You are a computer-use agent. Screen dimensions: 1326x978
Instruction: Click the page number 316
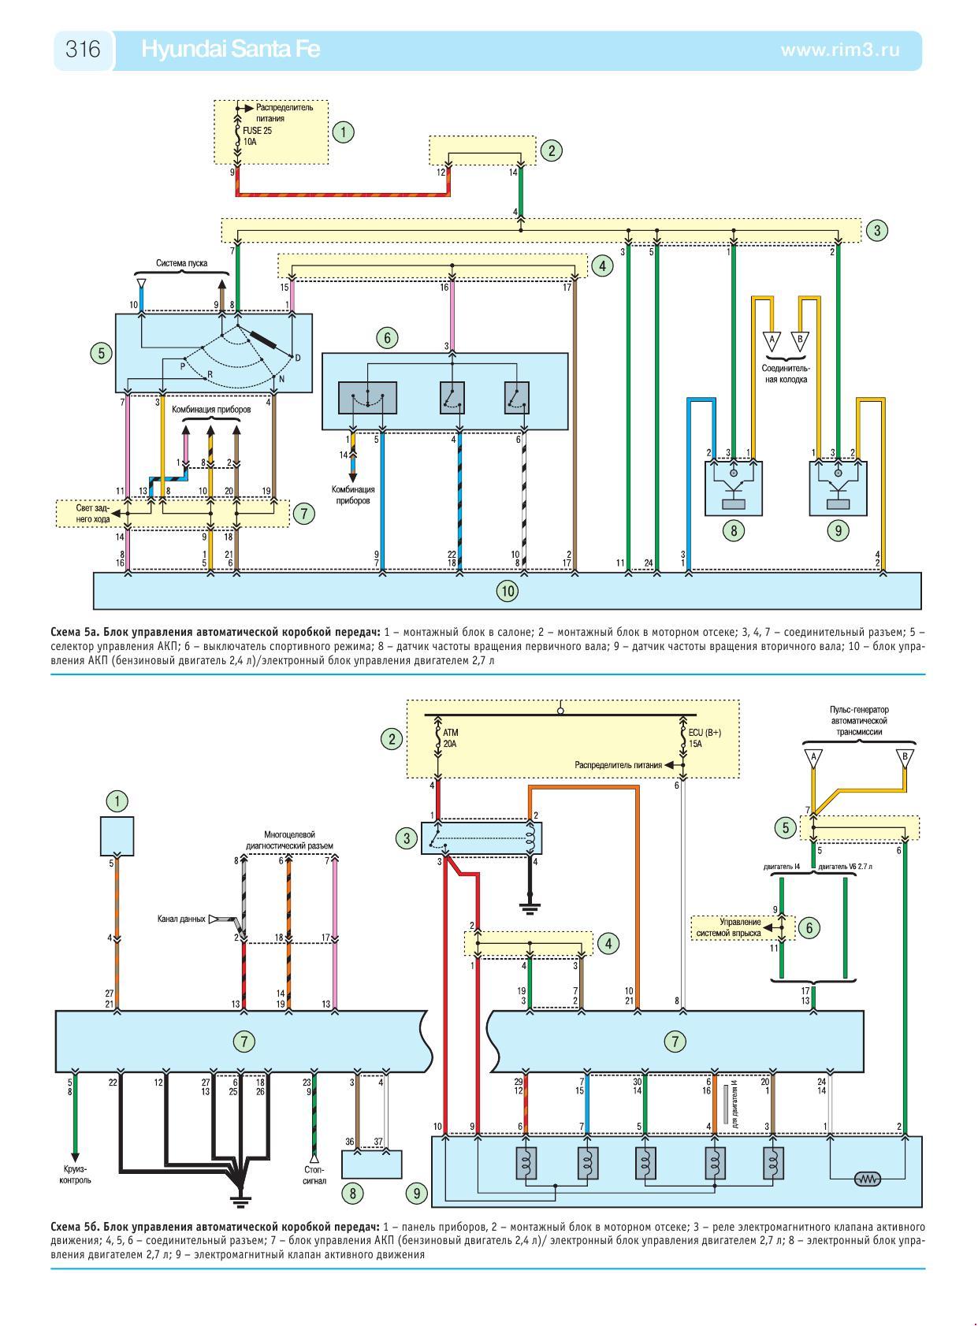tap(83, 50)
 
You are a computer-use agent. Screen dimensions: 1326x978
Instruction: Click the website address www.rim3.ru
tap(839, 50)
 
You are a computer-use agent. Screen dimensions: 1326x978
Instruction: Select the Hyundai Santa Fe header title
tap(230, 50)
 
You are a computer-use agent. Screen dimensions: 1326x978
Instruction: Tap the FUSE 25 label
tap(257, 131)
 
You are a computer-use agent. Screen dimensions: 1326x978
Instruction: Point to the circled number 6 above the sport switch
tap(386, 338)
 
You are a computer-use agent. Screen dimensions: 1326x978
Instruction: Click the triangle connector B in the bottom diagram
tap(905, 757)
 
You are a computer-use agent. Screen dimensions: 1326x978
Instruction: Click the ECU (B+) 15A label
tap(705, 737)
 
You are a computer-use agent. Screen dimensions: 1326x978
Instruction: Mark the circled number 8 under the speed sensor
tap(734, 531)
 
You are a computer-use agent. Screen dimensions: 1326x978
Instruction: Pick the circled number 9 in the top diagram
tap(838, 531)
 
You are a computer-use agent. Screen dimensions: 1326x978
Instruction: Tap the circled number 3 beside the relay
tap(407, 838)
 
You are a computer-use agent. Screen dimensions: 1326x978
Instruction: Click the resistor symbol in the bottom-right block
tap(868, 1179)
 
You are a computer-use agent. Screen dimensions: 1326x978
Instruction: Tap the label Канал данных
tap(180, 919)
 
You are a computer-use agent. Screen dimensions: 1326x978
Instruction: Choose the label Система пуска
tap(182, 263)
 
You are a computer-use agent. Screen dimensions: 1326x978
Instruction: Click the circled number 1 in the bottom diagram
tap(117, 802)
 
